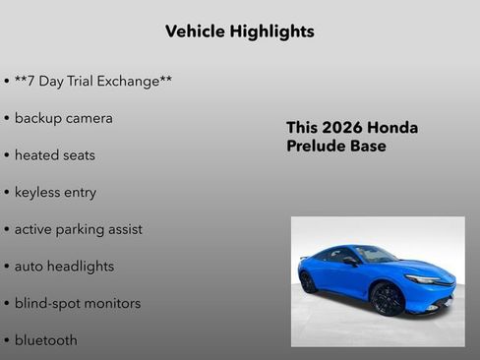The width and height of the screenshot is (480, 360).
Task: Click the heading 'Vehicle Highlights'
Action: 240,31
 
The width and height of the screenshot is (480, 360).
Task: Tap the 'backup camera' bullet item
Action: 63,118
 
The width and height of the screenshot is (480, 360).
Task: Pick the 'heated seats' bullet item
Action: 54,155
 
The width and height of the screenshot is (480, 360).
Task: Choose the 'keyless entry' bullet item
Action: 55,192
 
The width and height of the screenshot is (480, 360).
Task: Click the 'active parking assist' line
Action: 78,229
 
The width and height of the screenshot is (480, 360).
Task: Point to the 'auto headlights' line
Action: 64,267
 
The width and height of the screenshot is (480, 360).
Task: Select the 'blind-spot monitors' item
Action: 77,303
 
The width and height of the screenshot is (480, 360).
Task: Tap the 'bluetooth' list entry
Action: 45,340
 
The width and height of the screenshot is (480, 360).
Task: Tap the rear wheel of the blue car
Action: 309,281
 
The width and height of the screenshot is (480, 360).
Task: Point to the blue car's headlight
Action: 425,279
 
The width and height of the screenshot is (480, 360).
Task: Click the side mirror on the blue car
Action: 350,262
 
